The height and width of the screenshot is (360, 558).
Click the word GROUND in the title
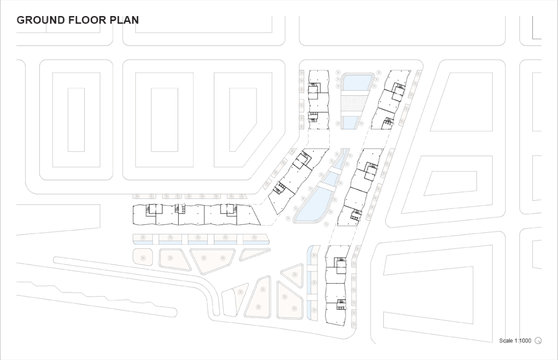tap(41, 21)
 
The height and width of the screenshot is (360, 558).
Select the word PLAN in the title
tap(125, 21)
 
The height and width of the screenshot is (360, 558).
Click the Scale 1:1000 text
tap(515, 341)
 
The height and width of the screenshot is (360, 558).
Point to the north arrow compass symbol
tap(538, 341)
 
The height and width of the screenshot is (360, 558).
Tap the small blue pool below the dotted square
tap(351, 122)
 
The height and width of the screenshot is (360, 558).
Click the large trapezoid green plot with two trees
tap(211, 259)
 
